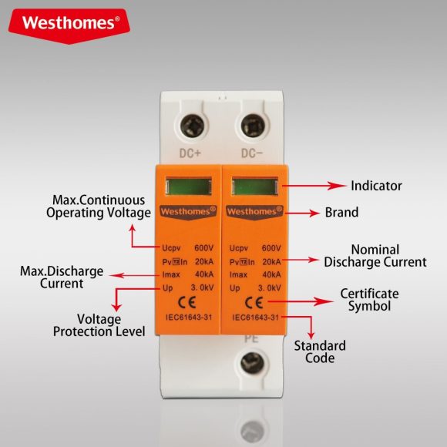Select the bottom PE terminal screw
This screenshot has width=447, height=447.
click(x=251, y=363)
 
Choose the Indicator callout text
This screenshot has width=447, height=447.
click(x=376, y=186)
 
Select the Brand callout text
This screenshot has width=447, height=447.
click(x=343, y=212)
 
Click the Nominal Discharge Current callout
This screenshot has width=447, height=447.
click(x=375, y=256)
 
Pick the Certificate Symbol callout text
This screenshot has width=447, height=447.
click(x=369, y=300)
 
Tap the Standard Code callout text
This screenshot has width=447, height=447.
click(x=319, y=352)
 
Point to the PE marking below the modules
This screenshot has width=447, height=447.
click(x=250, y=338)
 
